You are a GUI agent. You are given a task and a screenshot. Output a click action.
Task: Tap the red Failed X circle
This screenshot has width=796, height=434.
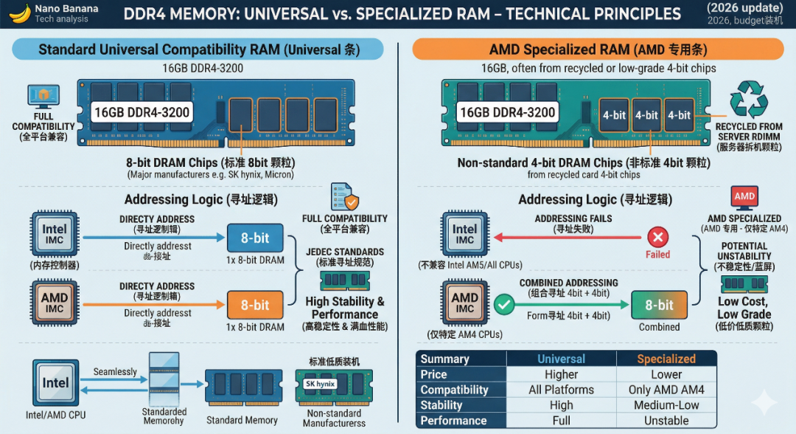click(x=657, y=237)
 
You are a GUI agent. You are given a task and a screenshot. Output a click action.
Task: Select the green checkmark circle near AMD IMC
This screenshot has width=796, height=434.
click(x=504, y=303)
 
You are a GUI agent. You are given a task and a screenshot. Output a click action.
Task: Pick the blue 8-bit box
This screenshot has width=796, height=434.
click(x=255, y=238)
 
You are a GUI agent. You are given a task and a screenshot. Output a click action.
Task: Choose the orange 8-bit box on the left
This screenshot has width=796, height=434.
click(x=255, y=305)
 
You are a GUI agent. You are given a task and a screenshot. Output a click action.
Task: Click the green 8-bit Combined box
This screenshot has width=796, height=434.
click(x=659, y=305)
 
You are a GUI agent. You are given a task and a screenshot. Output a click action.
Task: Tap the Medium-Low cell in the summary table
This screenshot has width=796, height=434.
click(x=666, y=405)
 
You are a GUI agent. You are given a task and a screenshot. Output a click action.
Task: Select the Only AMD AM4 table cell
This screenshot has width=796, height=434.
click(x=666, y=390)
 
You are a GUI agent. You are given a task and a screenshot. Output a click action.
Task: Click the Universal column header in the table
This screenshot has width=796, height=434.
click(x=561, y=359)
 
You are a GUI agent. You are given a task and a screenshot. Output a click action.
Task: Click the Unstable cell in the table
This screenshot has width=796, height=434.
click(x=666, y=421)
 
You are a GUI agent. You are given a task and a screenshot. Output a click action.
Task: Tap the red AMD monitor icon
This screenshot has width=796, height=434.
click(x=744, y=197)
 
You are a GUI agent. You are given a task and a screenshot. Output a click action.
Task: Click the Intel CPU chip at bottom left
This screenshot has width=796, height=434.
click(x=55, y=383)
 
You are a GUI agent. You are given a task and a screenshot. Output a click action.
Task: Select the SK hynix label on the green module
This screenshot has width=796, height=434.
click(x=320, y=385)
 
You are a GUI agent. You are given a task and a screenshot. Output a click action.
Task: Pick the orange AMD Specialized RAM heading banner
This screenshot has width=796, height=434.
click(x=597, y=49)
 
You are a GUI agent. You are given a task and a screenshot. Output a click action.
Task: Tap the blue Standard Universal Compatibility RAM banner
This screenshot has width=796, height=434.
click(x=199, y=49)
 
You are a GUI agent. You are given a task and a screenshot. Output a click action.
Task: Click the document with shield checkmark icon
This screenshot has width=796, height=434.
click(x=343, y=199)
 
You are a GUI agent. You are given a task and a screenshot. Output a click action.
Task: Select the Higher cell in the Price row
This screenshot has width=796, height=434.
click(x=561, y=374)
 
